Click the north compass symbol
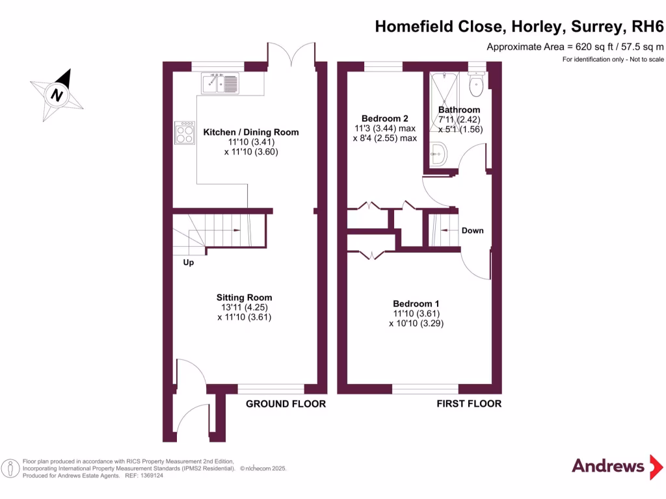click(x=57, y=94)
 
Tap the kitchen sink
click(x=220, y=83)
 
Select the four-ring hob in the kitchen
click(x=184, y=133)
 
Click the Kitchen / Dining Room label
click(x=251, y=132)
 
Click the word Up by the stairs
click(x=188, y=262)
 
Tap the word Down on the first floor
click(x=472, y=231)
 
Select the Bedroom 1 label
click(x=416, y=303)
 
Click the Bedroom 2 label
click(x=385, y=118)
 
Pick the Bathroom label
click(x=459, y=110)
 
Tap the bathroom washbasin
click(x=438, y=155)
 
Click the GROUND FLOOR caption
click(x=286, y=403)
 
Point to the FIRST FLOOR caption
click(x=469, y=403)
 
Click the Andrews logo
click(x=607, y=465)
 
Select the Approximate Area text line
click(x=575, y=47)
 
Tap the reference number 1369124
click(x=148, y=476)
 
